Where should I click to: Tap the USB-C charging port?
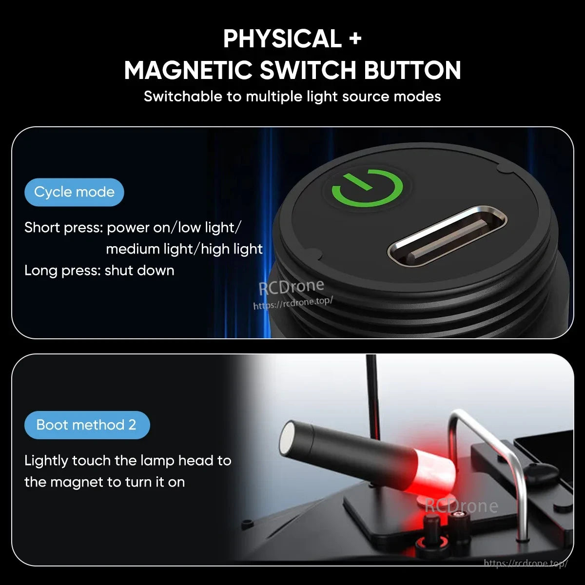point(447,236)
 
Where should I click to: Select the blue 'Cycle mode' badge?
point(74,192)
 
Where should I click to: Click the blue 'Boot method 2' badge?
point(87,425)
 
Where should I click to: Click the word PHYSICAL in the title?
point(282,39)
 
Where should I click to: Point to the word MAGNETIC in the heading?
point(188,70)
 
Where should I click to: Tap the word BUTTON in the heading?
point(412,70)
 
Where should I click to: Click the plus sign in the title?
point(355,39)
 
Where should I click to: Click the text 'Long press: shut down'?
point(99,271)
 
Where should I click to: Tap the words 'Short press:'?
point(64,228)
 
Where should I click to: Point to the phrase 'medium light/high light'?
point(184,249)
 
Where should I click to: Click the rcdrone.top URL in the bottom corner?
point(526,564)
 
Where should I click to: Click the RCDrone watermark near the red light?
point(461,506)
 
